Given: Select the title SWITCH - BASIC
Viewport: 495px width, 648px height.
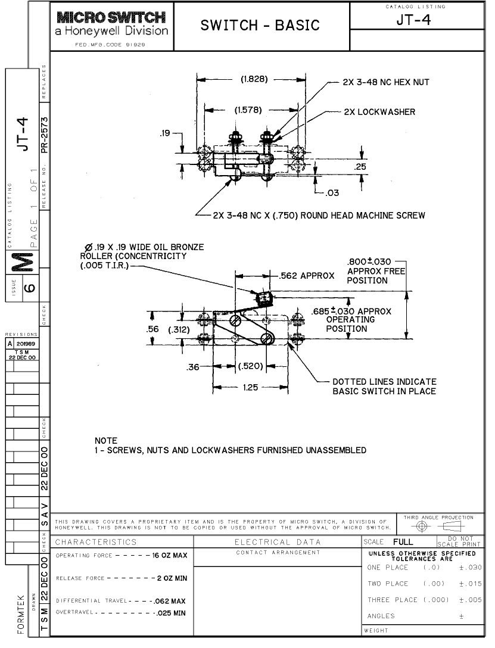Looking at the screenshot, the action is click(260, 25).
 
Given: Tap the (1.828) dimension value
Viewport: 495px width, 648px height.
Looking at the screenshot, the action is click(254, 79).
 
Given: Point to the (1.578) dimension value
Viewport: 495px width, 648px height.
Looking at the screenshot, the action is click(248, 110).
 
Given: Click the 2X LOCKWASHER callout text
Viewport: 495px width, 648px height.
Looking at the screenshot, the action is click(379, 112).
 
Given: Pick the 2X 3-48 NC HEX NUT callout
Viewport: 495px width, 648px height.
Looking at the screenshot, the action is click(386, 82).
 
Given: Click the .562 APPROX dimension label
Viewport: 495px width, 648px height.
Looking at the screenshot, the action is click(307, 276).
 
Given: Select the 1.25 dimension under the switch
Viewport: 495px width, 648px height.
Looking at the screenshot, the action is click(250, 387).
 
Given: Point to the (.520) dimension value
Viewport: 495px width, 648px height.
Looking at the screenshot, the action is click(251, 366).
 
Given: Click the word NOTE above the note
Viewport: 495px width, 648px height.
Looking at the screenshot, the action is click(106, 441).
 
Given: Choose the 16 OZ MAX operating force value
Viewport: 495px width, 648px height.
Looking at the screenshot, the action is click(170, 556).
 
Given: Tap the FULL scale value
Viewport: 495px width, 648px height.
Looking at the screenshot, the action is click(403, 542).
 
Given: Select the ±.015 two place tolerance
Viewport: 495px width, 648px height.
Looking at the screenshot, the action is click(470, 584).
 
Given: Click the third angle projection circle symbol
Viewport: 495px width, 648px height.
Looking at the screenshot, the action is click(421, 526).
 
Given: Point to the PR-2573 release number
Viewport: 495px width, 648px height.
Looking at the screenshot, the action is click(44, 135).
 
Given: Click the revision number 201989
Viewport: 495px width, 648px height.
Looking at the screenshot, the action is click(26, 344).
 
